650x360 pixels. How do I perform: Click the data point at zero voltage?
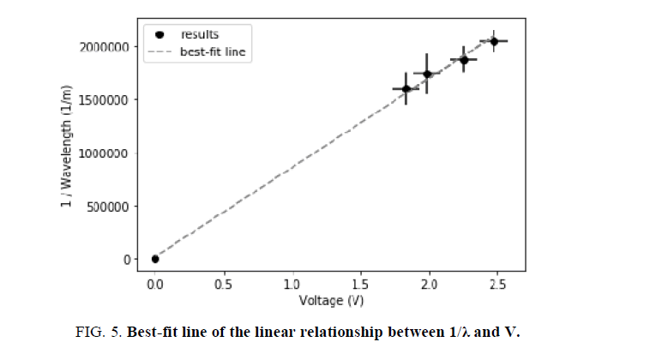[x=155, y=259]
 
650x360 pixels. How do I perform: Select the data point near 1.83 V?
[x=406, y=88]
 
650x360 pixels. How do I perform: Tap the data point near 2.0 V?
[x=427, y=74]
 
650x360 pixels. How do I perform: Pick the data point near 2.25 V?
[x=464, y=60]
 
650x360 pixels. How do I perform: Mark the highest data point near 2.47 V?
[x=493, y=41]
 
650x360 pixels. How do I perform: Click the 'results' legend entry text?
[x=199, y=35]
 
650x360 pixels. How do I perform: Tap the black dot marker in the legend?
[x=160, y=35]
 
